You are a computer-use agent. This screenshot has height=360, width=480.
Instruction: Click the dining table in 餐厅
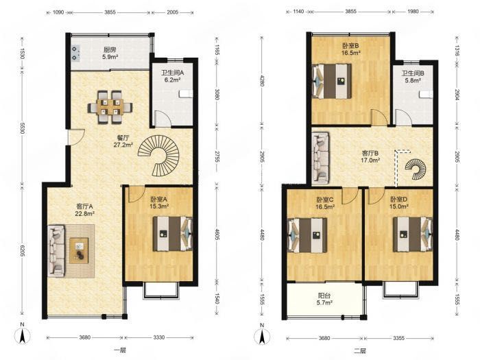tap(110, 107)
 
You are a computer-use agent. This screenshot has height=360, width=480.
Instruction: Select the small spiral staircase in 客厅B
tap(416, 169)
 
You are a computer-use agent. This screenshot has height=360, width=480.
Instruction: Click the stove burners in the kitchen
tap(75, 53)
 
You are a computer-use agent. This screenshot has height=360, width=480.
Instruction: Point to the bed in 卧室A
tap(173, 234)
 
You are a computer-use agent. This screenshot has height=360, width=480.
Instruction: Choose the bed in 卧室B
tap(331, 81)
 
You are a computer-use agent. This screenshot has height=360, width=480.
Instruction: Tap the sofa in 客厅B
tap(320, 158)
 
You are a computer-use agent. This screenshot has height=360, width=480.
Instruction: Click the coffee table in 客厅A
tap(79, 250)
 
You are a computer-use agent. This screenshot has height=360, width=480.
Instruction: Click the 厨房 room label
tap(110, 49)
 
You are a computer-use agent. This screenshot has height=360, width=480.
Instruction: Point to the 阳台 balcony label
tap(324, 296)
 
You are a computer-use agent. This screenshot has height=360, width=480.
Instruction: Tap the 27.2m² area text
tap(123, 145)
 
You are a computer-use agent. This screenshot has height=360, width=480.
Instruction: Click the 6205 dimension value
tap(22, 252)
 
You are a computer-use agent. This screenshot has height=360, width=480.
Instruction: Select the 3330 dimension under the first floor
tap(159, 337)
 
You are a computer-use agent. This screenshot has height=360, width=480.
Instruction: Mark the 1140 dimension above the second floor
tap(298, 12)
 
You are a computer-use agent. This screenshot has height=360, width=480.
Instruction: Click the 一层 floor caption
tap(120, 350)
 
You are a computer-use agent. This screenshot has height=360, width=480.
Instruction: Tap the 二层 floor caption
tap(360, 350)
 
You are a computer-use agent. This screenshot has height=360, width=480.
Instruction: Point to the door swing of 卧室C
tap(350, 196)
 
